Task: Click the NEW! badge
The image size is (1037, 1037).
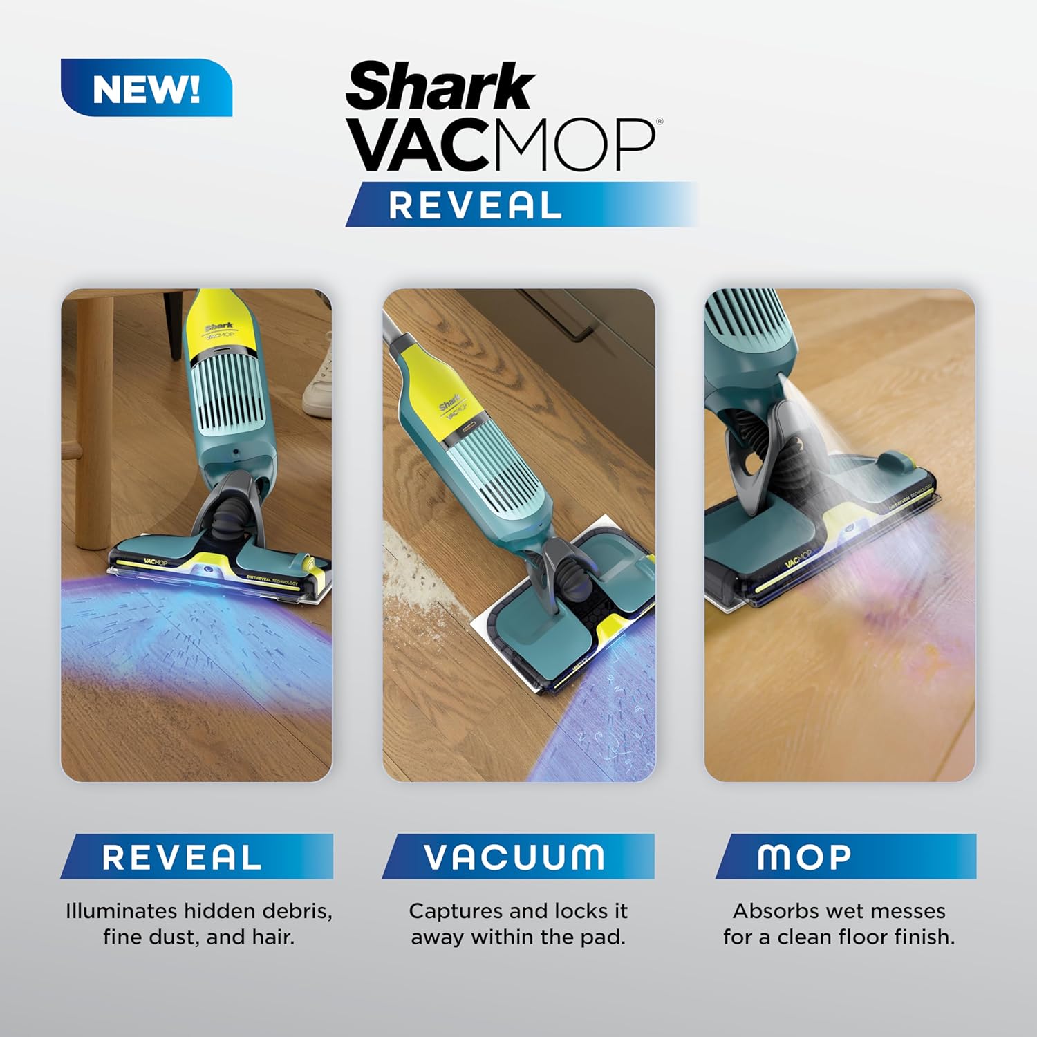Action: (147, 88)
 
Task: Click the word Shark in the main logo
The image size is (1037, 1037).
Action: (440, 86)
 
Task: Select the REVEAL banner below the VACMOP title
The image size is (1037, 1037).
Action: (476, 205)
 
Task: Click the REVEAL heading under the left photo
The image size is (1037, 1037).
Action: (182, 857)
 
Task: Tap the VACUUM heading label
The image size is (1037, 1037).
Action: (515, 857)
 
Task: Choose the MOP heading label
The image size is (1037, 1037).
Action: (804, 857)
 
